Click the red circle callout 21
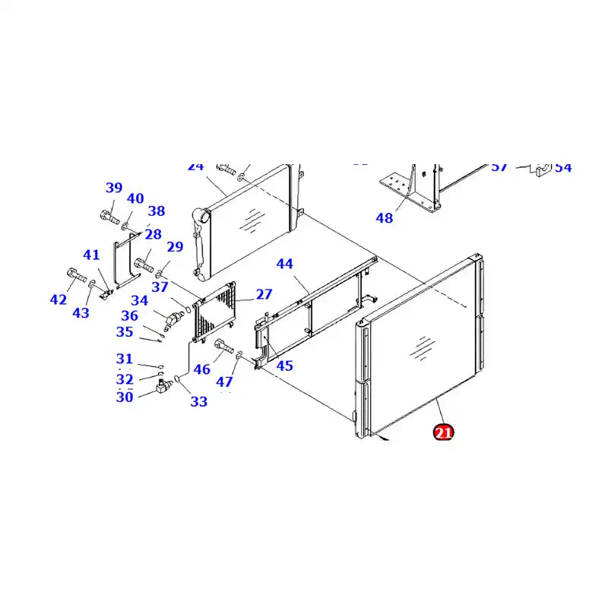click(442, 433)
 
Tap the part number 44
click(284, 264)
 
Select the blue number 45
click(284, 366)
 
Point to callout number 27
click(264, 294)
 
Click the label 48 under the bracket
click(385, 218)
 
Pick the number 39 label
click(114, 188)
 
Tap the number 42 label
click(59, 299)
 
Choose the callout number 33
click(198, 401)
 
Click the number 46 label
click(201, 370)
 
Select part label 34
click(139, 301)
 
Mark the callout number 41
click(91, 255)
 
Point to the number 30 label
click(125, 397)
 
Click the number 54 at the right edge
click(562, 167)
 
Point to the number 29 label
click(175, 246)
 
